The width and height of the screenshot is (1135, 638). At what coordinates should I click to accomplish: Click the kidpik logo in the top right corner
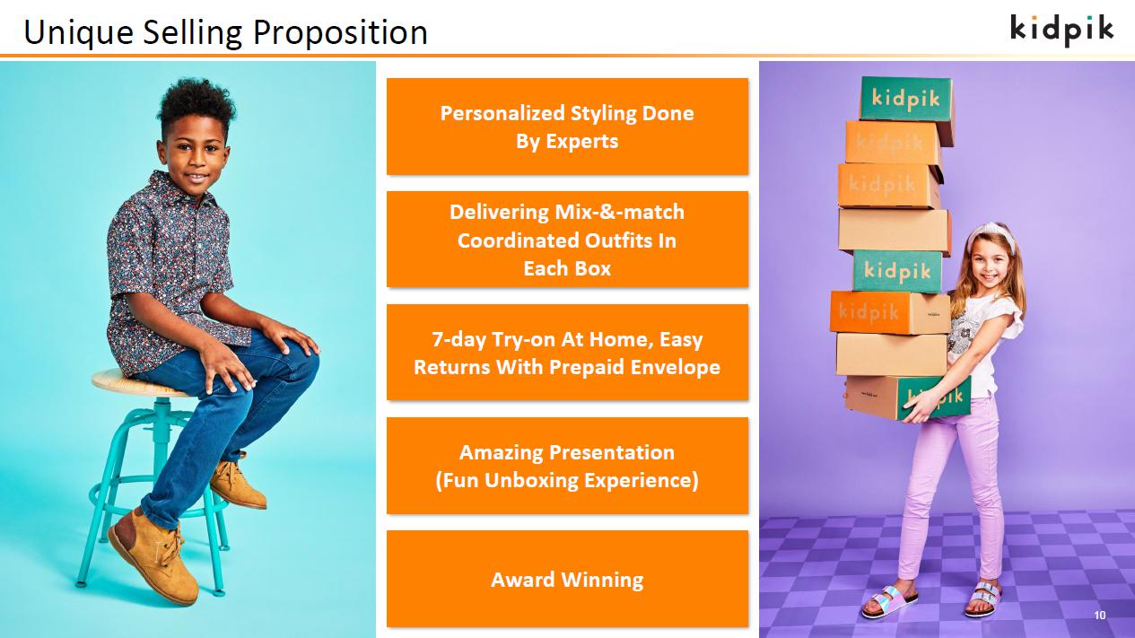click(1062, 31)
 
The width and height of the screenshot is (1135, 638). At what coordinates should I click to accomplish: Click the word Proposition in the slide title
click(340, 33)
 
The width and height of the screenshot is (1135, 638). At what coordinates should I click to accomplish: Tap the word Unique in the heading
click(79, 33)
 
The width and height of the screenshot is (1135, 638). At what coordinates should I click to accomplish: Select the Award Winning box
click(567, 579)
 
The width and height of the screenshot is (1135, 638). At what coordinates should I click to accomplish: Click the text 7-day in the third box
click(458, 339)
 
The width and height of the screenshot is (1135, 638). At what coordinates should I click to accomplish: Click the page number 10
click(1099, 616)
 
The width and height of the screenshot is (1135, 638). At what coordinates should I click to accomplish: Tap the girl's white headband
click(993, 234)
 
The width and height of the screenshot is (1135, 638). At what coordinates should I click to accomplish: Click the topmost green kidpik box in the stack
click(905, 100)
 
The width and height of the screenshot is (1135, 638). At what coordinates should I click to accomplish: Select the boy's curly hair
click(196, 108)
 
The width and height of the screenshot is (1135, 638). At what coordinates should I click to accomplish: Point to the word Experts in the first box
click(581, 142)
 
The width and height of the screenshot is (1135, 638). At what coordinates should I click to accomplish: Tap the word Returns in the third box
click(452, 367)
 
